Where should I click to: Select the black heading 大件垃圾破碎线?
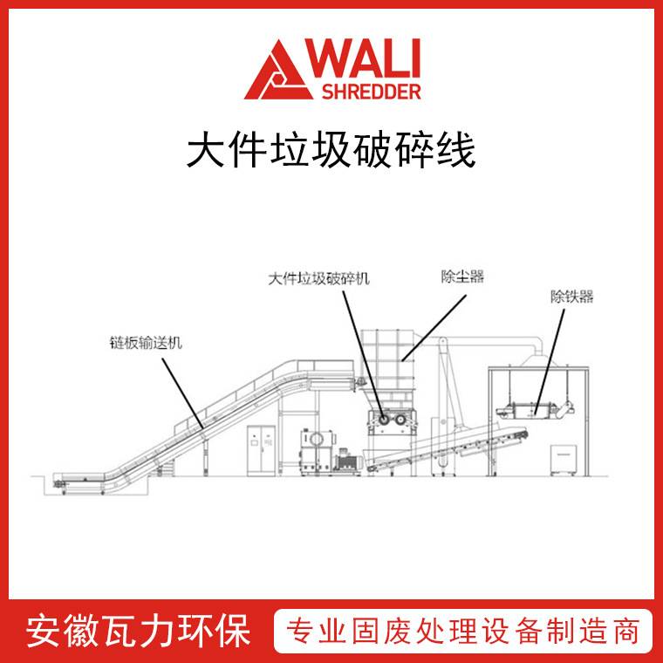331,150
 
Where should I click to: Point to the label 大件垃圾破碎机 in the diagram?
319,279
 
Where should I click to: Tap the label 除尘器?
462,278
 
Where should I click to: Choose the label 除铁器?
571,297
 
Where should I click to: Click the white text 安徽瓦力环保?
140,631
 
